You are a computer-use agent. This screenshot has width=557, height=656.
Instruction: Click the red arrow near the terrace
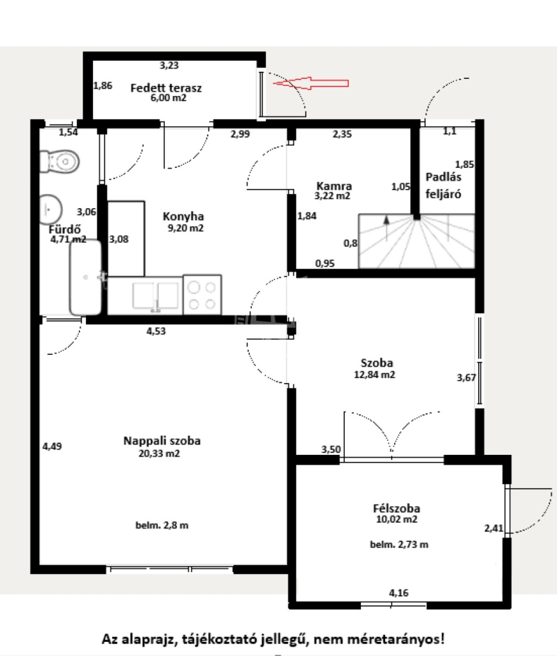pyautogui.click(x=311, y=83)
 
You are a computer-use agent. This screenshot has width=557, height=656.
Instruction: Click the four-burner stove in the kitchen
pyautogui.click(x=202, y=295)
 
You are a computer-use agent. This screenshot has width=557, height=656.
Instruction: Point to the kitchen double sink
pyautogui.click(x=156, y=296)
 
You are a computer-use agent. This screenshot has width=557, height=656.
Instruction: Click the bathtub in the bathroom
pyautogui.click(x=85, y=277)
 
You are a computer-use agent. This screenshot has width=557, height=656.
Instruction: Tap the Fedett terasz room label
pyautogui.click(x=166, y=88)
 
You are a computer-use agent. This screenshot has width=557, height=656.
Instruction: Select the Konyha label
pyautogui.click(x=183, y=216)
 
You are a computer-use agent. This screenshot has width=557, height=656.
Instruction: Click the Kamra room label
pyautogui.click(x=334, y=186)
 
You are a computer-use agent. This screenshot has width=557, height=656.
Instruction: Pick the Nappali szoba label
pyautogui.click(x=162, y=441)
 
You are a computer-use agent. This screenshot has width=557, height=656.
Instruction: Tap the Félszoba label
pyautogui.click(x=397, y=508)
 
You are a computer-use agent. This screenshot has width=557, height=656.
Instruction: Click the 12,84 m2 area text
pyautogui.click(x=374, y=374)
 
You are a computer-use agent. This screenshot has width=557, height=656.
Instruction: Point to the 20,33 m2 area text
pyautogui.click(x=159, y=453)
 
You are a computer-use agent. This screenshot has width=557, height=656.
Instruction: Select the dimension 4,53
pyautogui.click(x=156, y=332)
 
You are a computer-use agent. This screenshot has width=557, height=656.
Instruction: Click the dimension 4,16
pyautogui.click(x=399, y=592)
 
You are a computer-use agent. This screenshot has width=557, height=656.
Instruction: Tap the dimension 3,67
pyautogui.click(x=467, y=378)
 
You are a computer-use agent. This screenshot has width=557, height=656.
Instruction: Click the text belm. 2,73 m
pyautogui.click(x=399, y=545)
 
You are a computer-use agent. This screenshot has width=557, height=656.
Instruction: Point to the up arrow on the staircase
pyautogui.click(x=386, y=228)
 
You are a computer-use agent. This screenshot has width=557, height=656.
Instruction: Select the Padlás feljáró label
pyautogui.click(x=443, y=185)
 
